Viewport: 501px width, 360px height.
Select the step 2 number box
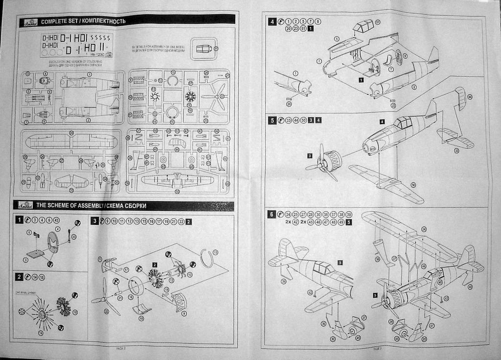click(19, 277)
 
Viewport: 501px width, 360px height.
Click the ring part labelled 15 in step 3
click(207, 258)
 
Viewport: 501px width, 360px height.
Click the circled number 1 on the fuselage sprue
click(90, 74)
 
